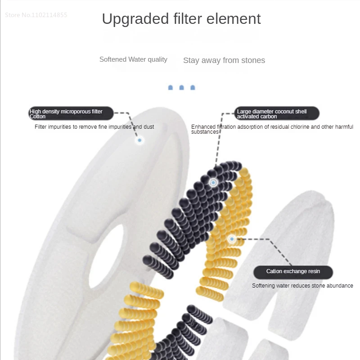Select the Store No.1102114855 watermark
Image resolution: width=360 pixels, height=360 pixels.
point(36,15)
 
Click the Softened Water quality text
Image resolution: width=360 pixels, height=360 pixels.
point(133,59)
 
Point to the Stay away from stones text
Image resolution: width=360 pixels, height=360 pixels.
point(224,60)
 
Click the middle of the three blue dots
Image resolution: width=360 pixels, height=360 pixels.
point(182,87)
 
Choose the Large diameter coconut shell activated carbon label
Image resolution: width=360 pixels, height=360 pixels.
point(276,113)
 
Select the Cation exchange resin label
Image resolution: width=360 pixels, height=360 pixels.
point(293,271)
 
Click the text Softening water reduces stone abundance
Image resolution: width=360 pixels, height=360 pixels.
point(302,286)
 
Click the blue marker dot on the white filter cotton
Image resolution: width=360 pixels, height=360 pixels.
point(140,140)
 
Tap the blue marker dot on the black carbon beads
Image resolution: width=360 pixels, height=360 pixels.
point(213,183)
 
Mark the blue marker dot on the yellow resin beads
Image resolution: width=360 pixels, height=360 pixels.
point(232,239)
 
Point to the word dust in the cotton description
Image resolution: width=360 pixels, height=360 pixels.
point(148,127)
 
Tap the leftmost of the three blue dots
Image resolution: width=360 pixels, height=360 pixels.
point(171,87)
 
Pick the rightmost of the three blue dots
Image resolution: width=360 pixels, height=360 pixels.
point(193,87)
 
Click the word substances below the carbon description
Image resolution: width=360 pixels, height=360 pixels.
point(205,132)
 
